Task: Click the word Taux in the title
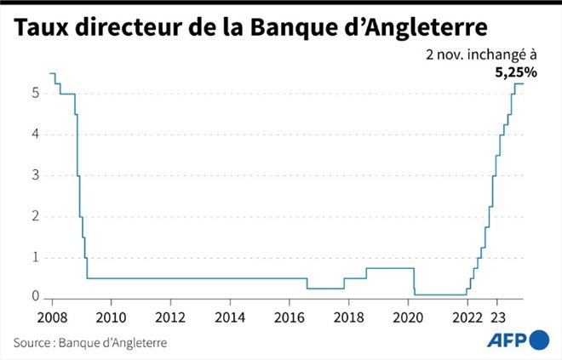point(43,27)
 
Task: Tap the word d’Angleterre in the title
point(426,29)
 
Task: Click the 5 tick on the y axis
point(36,94)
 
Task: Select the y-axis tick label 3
point(36,175)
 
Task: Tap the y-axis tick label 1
point(36,257)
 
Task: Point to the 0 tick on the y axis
point(36,296)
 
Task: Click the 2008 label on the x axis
point(52,316)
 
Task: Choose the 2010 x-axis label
point(111,316)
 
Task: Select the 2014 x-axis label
point(230,316)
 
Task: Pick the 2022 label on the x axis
point(467,316)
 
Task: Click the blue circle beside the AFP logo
point(539,340)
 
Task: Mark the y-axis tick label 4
point(36,134)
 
